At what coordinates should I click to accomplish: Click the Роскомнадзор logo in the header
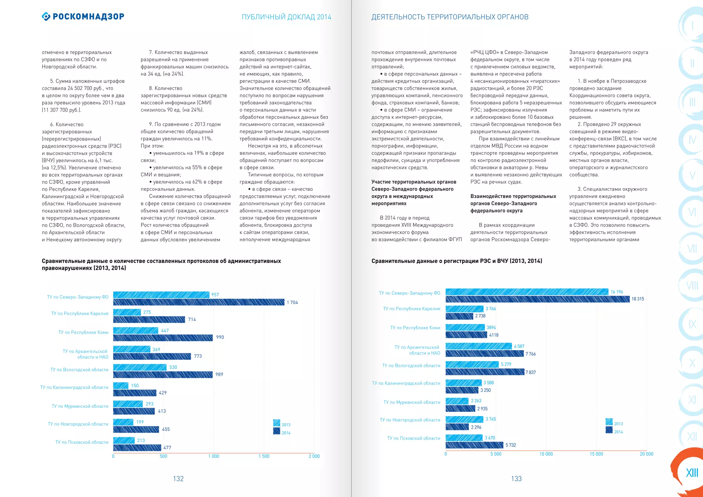click(83, 16)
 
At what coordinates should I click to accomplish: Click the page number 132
click(178, 478)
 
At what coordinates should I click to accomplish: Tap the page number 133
click(516, 478)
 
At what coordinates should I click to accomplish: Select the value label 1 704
click(292, 302)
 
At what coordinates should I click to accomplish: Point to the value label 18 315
click(637, 299)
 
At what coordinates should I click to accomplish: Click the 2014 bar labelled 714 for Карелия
click(149, 320)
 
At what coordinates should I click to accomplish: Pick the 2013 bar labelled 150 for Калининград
click(120, 386)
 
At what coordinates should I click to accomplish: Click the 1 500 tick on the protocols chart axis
click(264, 456)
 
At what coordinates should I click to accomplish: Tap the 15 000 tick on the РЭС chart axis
click(596, 454)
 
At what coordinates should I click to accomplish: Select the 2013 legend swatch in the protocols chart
click(277, 423)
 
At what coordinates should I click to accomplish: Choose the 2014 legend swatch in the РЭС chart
click(609, 430)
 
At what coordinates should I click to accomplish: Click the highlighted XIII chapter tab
click(691, 473)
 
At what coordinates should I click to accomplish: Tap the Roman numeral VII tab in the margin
click(692, 248)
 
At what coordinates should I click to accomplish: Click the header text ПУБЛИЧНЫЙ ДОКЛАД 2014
click(286, 17)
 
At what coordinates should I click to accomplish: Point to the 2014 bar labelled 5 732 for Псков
click(474, 445)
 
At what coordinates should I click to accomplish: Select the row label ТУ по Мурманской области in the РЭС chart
click(412, 402)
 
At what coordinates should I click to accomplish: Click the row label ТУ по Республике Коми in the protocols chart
click(83, 332)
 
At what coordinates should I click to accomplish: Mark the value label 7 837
click(530, 372)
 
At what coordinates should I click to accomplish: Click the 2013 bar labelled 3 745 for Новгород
click(464, 419)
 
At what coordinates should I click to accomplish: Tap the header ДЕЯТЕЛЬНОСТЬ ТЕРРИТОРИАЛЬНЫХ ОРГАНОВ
click(450, 17)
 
